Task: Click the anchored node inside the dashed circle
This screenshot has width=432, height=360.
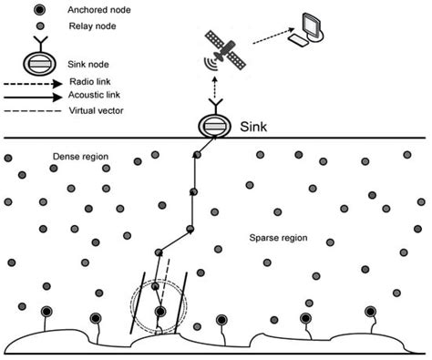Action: (159, 312)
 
